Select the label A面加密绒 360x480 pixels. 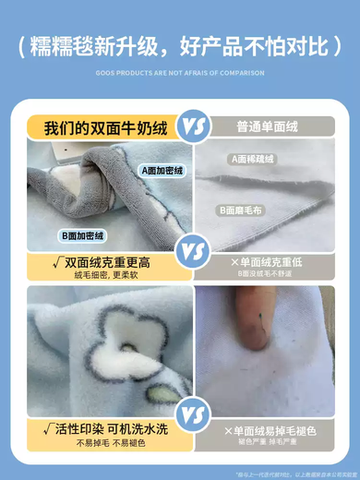coord(163,170)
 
